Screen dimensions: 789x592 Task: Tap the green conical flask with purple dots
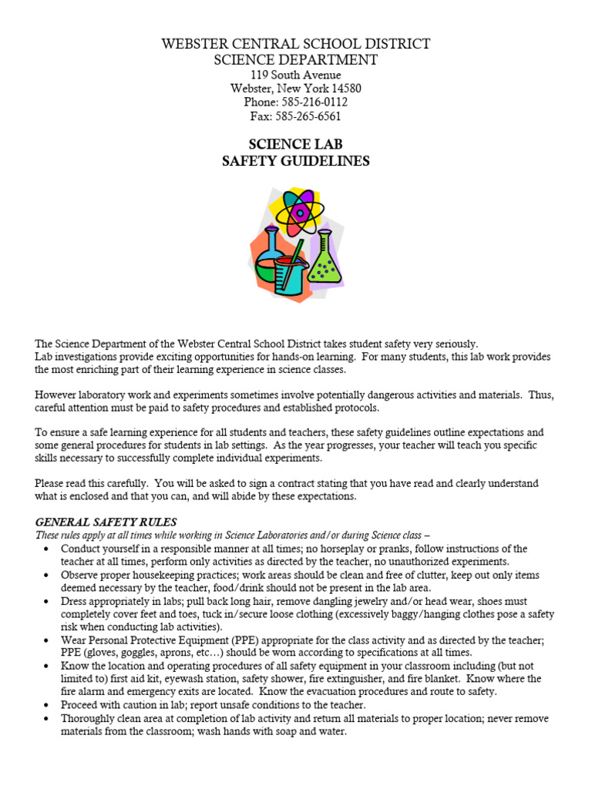click(x=325, y=262)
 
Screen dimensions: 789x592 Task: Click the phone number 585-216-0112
click(x=316, y=102)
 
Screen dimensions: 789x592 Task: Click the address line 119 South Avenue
click(x=296, y=75)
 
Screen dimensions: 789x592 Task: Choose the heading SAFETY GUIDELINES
click(x=296, y=161)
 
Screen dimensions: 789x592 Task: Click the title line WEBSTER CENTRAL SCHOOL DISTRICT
click(x=296, y=43)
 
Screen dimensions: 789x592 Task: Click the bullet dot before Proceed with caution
click(x=47, y=705)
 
